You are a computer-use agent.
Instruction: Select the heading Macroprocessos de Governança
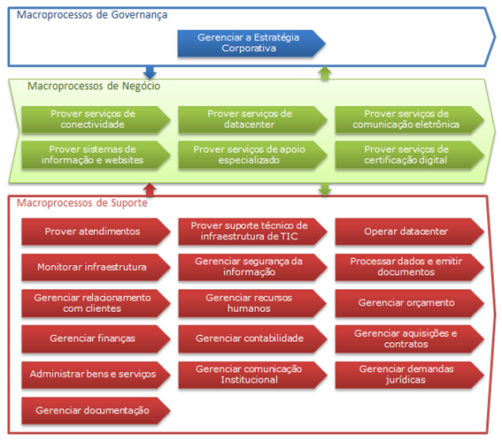coord(92,15)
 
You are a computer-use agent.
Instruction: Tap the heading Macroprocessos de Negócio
coord(94,87)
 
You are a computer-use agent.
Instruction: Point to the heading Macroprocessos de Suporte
coord(82,203)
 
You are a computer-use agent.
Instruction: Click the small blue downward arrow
coord(150,72)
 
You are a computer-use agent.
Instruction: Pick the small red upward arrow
coord(150,189)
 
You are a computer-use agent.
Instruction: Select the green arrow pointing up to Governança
coord(325,72)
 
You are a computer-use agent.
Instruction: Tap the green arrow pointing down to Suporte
coord(325,189)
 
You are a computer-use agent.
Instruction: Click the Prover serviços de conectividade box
coord(96,119)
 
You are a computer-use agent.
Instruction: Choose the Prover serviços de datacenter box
coord(252,119)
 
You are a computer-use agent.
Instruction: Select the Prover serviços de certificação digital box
coord(409,155)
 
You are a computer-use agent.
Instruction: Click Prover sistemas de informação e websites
coord(96,155)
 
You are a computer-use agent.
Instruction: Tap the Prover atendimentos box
coord(96,232)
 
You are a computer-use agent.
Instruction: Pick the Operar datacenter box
coord(409,232)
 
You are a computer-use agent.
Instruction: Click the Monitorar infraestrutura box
coord(96,268)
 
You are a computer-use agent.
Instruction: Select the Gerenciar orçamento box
coord(409,303)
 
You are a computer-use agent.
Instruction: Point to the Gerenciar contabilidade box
coord(252,339)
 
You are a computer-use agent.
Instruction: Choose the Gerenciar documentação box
coord(96,411)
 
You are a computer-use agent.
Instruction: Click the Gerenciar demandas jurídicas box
coord(409,376)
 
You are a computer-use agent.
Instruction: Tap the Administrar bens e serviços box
coord(96,376)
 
